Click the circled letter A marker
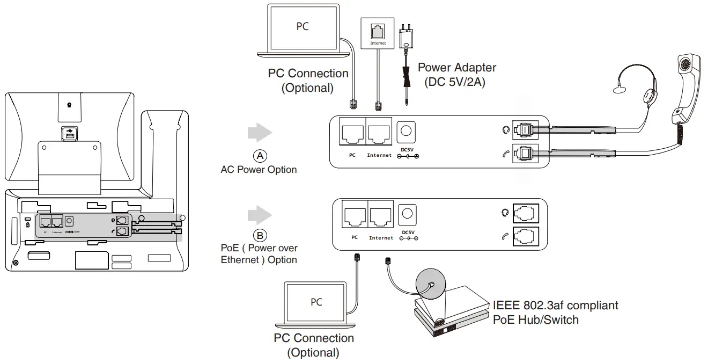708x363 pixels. [260, 156]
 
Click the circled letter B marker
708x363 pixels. [260, 235]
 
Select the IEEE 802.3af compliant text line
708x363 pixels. [555, 306]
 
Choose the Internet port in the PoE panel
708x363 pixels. [381, 215]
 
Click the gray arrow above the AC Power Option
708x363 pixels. [260, 133]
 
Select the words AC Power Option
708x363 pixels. [259, 170]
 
